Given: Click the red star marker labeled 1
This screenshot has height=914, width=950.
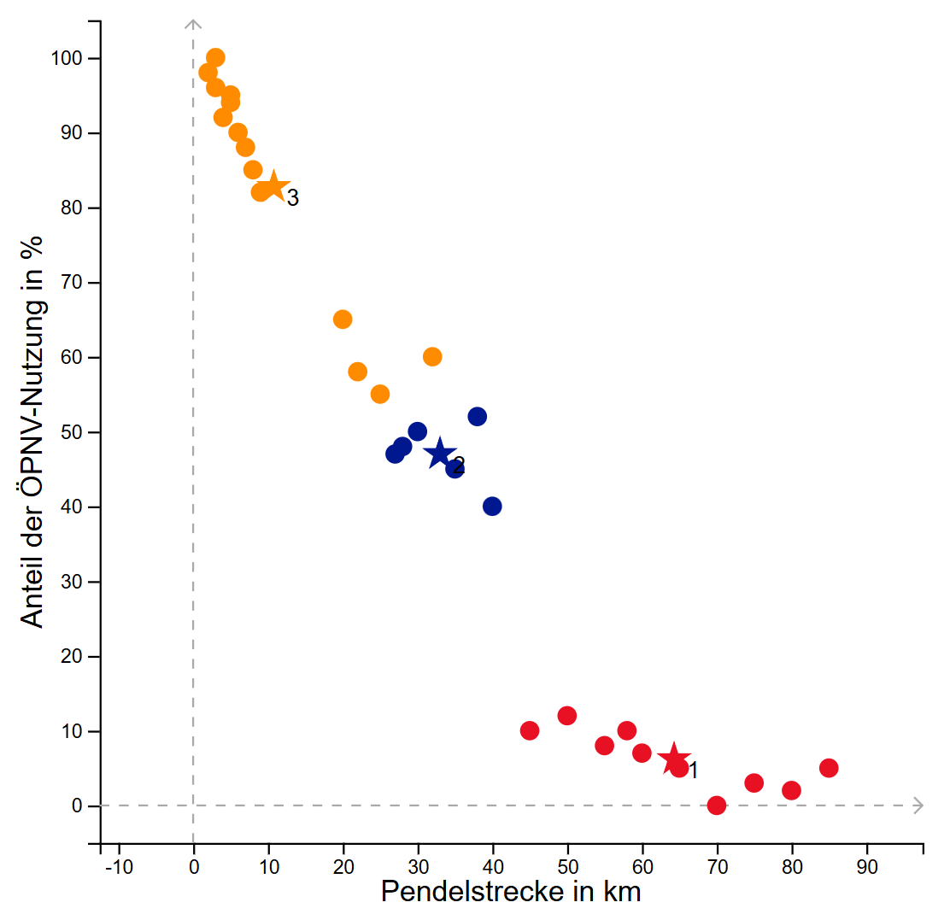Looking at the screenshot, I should click(673, 759).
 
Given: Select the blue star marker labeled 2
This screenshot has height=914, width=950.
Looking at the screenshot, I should click(440, 454).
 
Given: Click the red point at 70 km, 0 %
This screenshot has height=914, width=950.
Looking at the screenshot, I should click(717, 806).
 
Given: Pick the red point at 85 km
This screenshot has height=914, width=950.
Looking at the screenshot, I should click(829, 768).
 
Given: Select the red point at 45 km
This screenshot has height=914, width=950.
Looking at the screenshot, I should click(530, 730).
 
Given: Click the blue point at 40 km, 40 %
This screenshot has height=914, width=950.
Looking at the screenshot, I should click(492, 507).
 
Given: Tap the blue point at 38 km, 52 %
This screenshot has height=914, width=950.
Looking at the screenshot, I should click(478, 417).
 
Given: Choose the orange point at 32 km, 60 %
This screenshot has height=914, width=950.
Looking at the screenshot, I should click(432, 357).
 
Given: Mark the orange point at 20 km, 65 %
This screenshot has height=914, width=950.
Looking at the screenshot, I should click(343, 319).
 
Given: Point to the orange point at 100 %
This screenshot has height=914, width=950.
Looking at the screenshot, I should click(215, 58).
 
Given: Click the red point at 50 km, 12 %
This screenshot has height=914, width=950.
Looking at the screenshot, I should click(567, 716).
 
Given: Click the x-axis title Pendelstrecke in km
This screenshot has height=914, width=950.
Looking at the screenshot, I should click(510, 893).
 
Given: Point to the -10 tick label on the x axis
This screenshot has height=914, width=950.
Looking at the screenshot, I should click(117, 868).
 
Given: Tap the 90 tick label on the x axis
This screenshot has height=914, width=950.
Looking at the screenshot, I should click(867, 868).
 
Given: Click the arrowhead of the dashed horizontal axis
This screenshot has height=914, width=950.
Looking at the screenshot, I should click(918, 806).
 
